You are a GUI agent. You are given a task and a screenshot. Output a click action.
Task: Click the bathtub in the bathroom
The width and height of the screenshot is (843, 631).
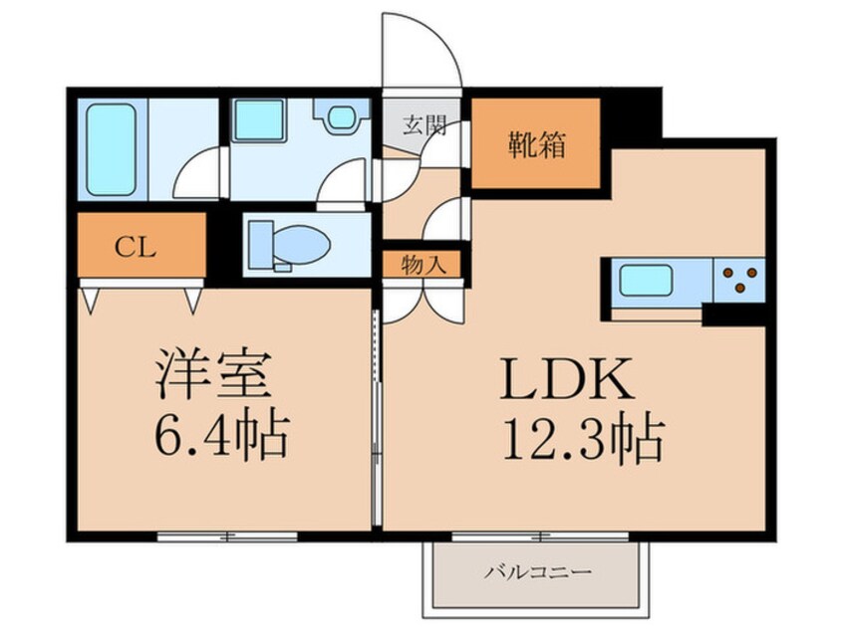111,149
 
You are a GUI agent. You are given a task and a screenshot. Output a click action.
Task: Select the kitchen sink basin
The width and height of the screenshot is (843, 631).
647,281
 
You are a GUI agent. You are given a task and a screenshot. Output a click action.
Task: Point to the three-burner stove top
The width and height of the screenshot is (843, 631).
739,280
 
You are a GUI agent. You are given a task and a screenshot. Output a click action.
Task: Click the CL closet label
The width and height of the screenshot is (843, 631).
135,248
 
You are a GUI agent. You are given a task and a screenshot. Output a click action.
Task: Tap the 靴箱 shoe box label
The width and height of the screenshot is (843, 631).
537,145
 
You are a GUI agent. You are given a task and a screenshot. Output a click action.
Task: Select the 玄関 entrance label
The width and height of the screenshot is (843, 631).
425,125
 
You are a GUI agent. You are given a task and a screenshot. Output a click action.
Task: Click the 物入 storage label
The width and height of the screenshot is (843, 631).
423,266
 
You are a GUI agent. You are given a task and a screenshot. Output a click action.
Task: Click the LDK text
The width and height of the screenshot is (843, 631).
567,378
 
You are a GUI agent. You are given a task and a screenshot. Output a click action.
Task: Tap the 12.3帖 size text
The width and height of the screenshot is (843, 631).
584,438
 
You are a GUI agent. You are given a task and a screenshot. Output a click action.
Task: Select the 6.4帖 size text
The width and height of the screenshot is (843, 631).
221,436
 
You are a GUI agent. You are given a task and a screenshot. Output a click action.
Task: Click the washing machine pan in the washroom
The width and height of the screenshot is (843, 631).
259,119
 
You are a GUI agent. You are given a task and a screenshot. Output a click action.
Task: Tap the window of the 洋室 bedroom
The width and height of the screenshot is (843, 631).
227,535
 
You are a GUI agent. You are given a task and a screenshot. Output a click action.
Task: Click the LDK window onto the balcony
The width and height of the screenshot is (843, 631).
540,535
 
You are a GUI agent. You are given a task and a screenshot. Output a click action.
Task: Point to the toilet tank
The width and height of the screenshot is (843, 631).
261,246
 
